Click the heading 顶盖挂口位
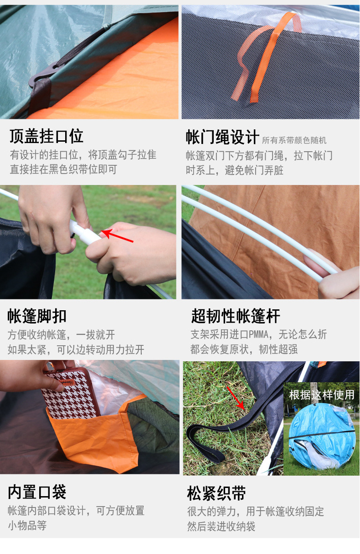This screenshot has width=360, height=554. (46, 136)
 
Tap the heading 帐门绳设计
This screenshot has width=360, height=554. (222, 137)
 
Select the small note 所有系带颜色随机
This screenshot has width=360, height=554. (294, 140)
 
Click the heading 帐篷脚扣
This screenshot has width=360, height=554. (37, 316)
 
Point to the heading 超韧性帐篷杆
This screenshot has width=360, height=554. (236, 316)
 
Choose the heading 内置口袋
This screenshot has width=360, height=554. (37, 492)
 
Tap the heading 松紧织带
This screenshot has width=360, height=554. (216, 493)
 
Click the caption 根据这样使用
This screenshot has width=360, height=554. (322, 395)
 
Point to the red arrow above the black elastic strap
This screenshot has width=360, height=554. (236, 399)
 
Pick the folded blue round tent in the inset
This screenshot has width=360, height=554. (321, 435)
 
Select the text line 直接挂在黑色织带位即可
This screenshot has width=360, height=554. (63, 169)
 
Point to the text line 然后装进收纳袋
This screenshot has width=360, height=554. (221, 526)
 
